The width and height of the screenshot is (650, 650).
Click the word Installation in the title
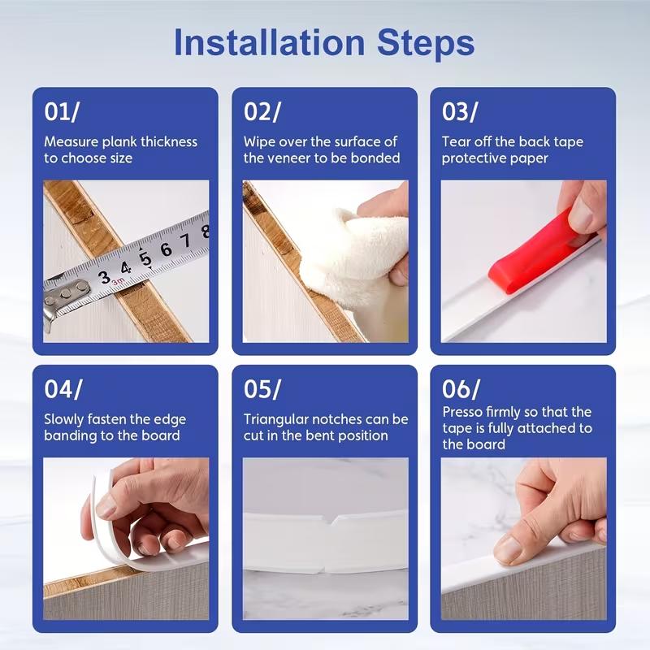pyautogui.click(x=270, y=43)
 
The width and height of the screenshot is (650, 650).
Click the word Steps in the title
pyautogui.click(x=426, y=43)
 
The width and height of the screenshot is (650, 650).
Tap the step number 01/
pyautogui.click(x=62, y=111)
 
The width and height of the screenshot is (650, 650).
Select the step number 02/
pyautogui.click(x=262, y=111)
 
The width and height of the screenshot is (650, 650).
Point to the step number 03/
pyautogui.click(x=460, y=111)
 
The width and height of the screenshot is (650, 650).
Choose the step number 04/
pyautogui.click(x=63, y=389)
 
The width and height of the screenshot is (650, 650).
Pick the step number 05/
pyautogui.click(x=262, y=389)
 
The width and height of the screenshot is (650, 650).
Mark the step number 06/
pyautogui.click(x=461, y=389)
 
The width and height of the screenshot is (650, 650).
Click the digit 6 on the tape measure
pyautogui.click(x=166, y=249)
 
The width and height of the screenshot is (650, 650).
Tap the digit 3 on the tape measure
pyautogui.click(x=105, y=277)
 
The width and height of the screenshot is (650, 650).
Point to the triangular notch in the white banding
pyautogui.click(x=331, y=523)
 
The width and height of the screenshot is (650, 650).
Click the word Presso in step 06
pyautogui.click(x=462, y=413)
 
